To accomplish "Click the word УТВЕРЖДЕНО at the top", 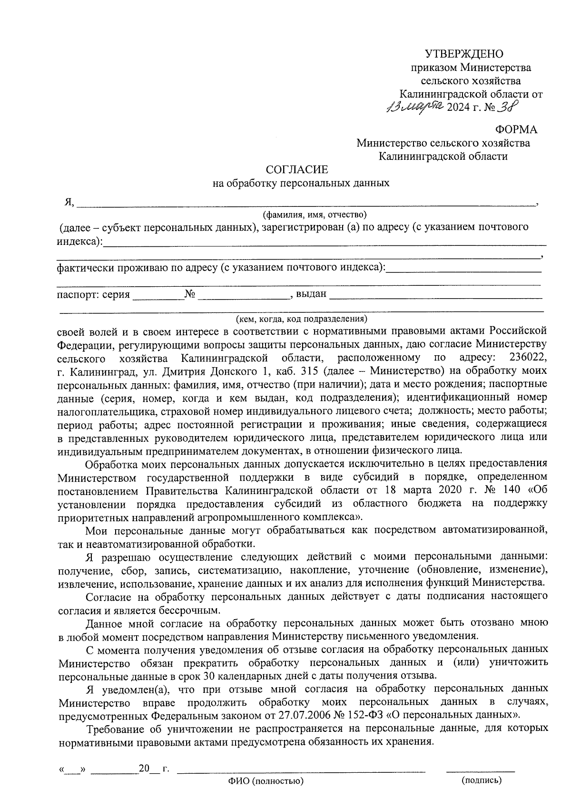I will point(464,54).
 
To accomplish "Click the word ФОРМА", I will point(516,129).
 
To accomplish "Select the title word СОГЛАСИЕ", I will point(297,170).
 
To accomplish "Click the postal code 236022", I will point(528,357).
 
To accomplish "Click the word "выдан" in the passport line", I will point(311,294).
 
